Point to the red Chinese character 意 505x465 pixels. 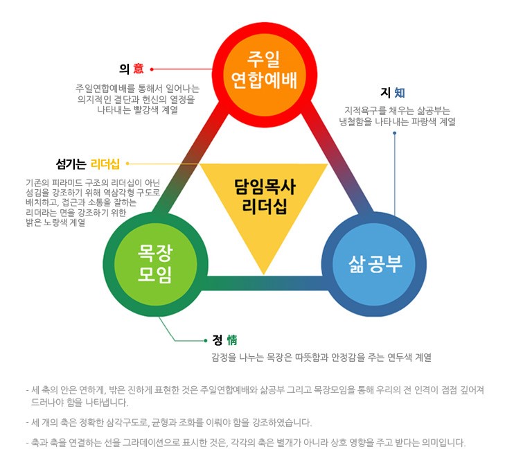point(139,69)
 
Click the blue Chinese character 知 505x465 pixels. point(400,93)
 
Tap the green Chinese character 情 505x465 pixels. point(231,340)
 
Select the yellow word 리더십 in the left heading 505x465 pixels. point(105,164)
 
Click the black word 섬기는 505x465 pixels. point(71,164)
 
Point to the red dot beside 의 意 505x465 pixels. point(152,69)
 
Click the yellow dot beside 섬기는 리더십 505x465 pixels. point(127,164)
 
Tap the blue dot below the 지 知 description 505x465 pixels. point(395,133)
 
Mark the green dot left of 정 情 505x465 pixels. point(206,341)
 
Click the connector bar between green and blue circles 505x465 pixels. point(265,283)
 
